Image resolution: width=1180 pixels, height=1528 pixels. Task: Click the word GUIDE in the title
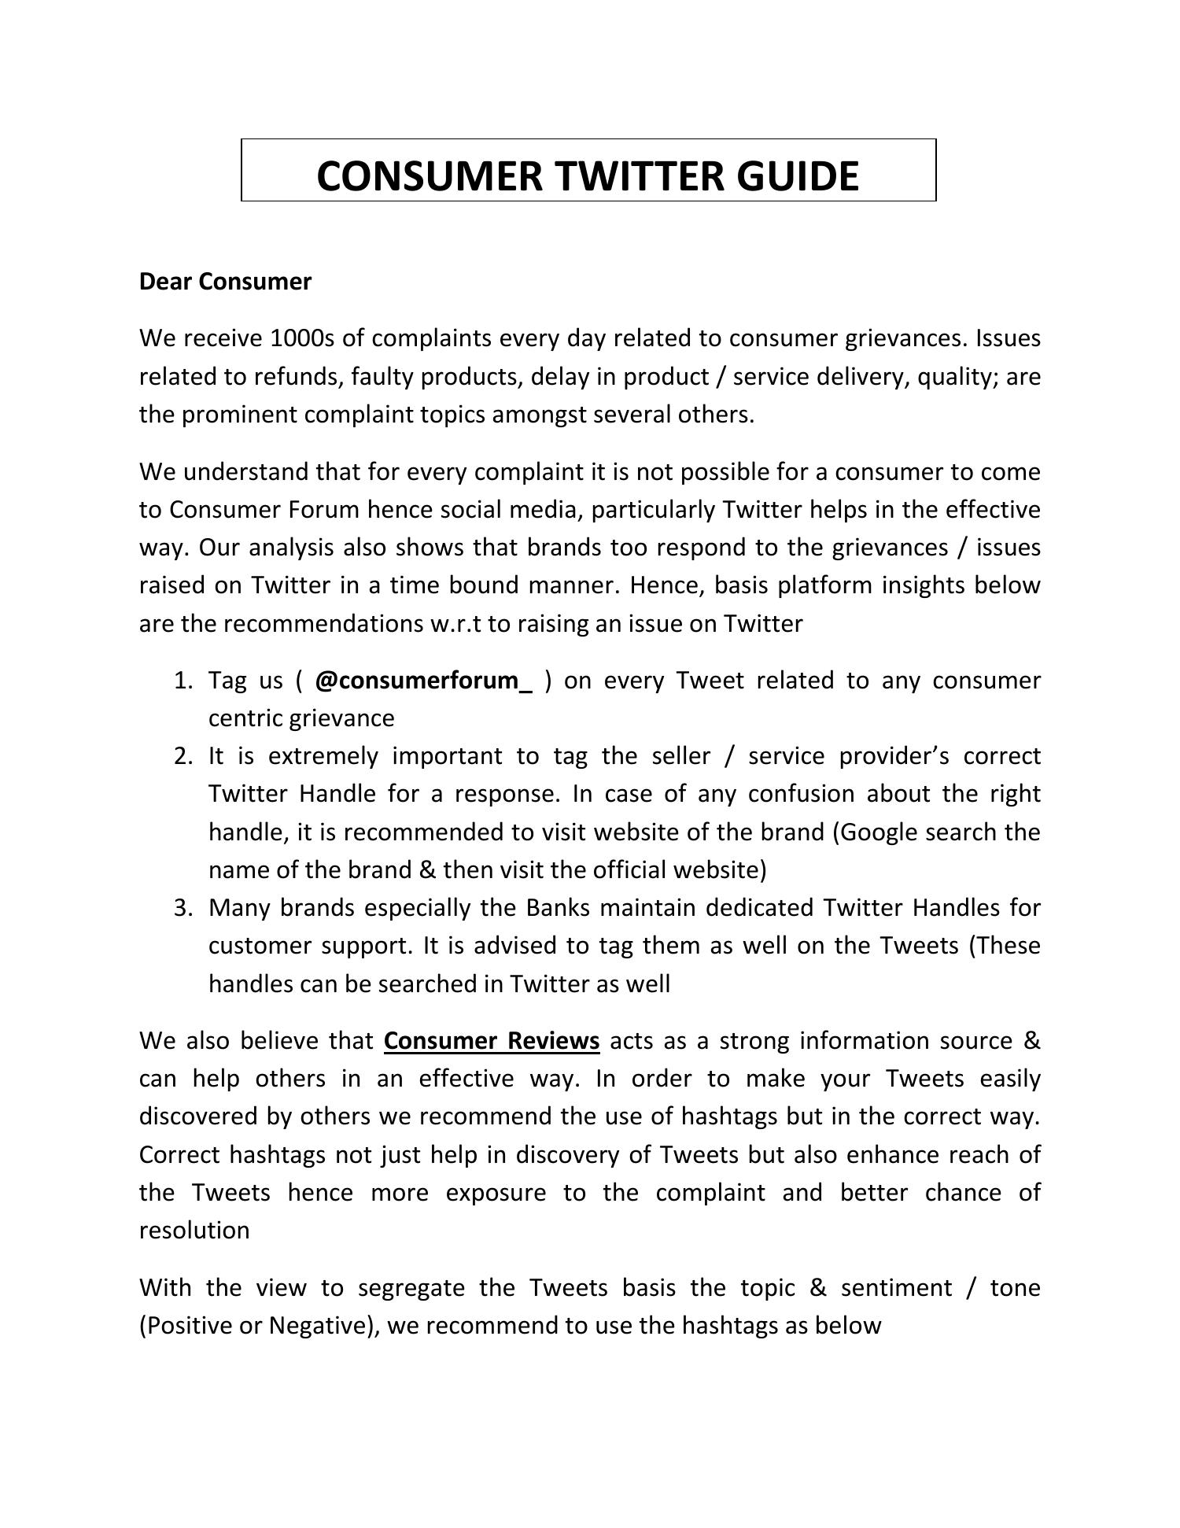(x=798, y=175)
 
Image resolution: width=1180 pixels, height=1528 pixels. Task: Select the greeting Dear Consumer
(x=225, y=281)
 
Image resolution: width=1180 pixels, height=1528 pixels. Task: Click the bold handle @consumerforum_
(x=423, y=681)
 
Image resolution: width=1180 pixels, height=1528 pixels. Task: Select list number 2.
(x=183, y=756)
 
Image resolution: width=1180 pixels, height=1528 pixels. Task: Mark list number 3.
(x=183, y=908)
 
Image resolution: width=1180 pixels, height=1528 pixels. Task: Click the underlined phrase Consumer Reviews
(x=492, y=1041)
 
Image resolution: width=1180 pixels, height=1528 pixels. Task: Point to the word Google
(x=879, y=832)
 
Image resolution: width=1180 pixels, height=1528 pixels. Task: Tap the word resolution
(x=194, y=1231)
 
